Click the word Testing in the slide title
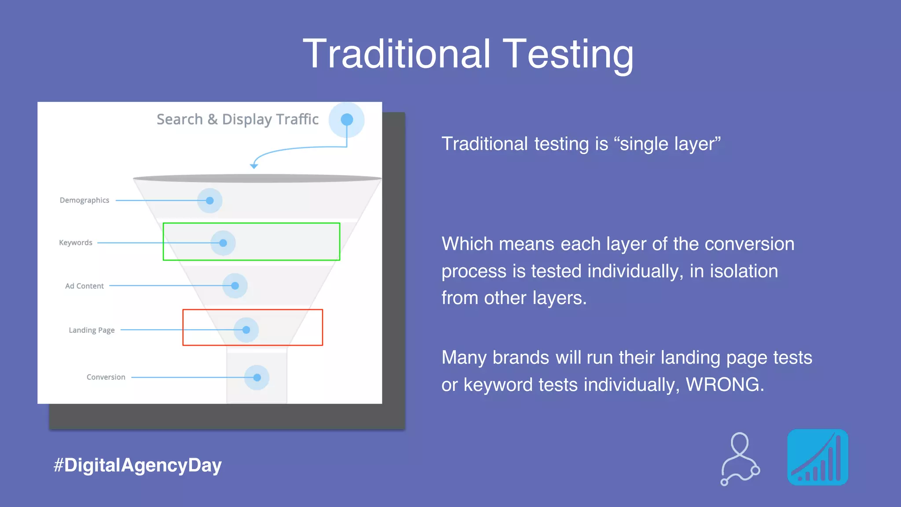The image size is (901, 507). tap(568, 55)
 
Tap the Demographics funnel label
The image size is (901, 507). tap(84, 200)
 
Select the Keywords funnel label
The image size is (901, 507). tap(76, 242)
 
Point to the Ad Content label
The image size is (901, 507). tap(84, 286)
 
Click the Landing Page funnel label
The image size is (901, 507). tap(92, 330)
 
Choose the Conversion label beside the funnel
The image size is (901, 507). tap(106, 377)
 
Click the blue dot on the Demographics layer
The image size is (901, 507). tap(210, 201)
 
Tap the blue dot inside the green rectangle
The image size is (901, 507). tap(223, 243)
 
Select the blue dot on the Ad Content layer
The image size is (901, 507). tap(235, 286)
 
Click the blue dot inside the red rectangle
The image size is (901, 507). tap(246, 330)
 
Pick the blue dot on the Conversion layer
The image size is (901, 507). tap(257, 377)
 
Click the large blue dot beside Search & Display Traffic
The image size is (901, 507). tap(347, 119)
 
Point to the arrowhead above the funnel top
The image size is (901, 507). tap(254, 166)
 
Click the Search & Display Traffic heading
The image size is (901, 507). tap(238, 119)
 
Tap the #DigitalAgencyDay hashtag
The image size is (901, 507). tap(137, 465)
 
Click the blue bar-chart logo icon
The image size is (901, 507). tap(817, 457)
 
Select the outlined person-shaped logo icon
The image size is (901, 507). tap(740, 459)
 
